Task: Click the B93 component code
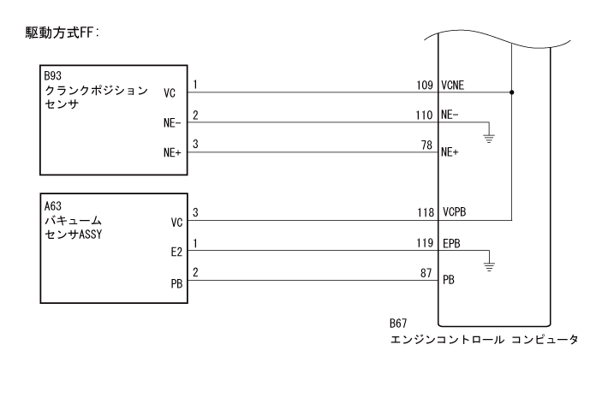click(x=54, y=75)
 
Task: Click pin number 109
click(x=422, y=85)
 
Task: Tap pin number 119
click(x=422, y=242)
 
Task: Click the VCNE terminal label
click(x=454, y=86)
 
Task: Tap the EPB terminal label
click(x=451, y=243)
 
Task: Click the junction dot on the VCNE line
click(x=511, y=91)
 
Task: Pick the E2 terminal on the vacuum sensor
click(x=176, y=253)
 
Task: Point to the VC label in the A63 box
click(x=176, y=223)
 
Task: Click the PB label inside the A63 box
click(x=176, y=282)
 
